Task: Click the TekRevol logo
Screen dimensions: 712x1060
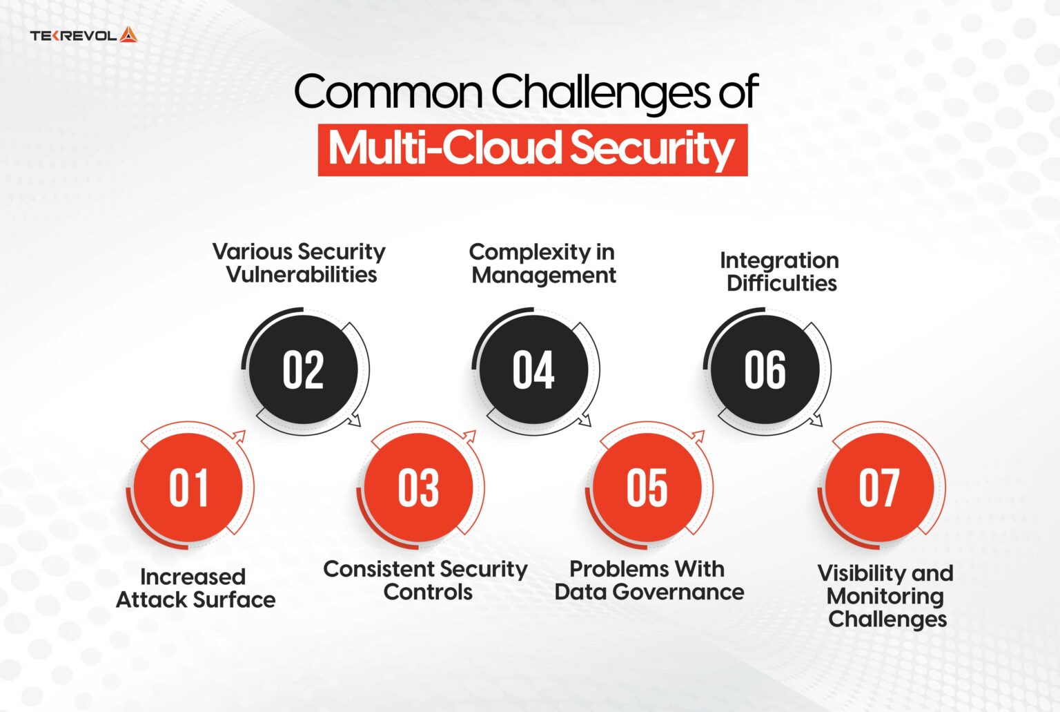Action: [84, 35]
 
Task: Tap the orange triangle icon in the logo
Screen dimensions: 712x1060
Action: [128, 35]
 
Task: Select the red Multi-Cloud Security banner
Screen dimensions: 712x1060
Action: [532, 149]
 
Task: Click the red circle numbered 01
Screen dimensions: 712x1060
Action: [188, 488]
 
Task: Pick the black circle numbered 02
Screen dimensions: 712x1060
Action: [303, 370]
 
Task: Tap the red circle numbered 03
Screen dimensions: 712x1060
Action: [418, 488]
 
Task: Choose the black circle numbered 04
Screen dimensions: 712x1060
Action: [533, 370]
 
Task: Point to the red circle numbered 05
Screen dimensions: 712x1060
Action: [647, 488]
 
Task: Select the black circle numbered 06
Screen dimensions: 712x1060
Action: [765, 370]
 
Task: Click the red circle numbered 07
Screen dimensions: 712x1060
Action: [879, 488]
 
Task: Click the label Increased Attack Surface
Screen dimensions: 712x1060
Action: [195, 588]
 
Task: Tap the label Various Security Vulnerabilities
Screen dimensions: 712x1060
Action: [300, 263]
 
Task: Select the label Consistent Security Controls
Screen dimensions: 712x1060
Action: [426, 581]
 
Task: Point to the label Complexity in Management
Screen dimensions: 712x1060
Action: [543, 264]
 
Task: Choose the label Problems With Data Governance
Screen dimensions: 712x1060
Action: [649, 581]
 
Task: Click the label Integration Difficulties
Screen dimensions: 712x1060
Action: [780, 271]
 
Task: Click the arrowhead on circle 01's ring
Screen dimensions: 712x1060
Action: [239, 436]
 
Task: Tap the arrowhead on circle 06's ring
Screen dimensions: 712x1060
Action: [817, 420]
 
